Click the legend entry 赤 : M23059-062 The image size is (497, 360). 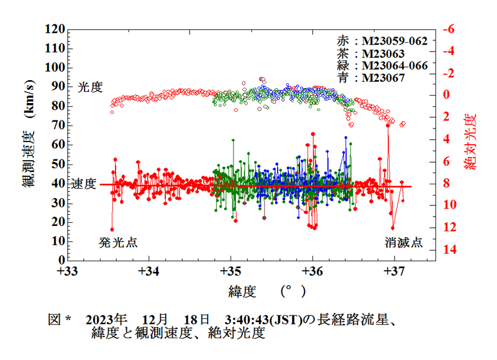tap(382, 42)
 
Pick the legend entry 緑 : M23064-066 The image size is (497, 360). tap(382, 66)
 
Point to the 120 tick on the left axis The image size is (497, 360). tap(55, 30)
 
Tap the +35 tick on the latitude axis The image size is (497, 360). tap(230, 271)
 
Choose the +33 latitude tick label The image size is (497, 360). tap(67, 271)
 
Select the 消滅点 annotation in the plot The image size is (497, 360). tap(403, 243)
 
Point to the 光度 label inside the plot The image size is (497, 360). tap(89, 88)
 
